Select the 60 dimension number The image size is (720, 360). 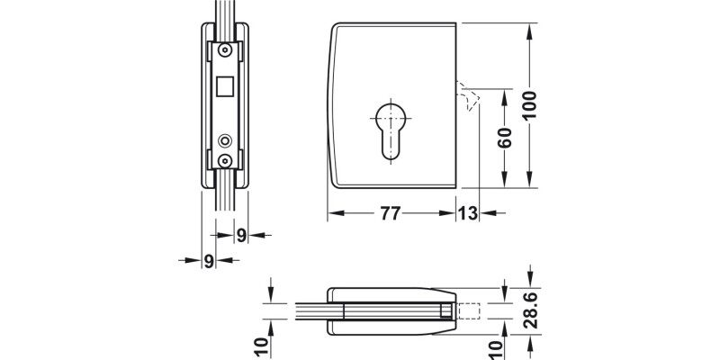(x=505, y=139)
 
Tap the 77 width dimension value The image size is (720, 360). (x=388, y=214)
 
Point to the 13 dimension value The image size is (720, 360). (x=468, y=214)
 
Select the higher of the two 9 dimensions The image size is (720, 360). (x=241, y=235)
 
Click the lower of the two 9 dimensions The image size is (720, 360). (x=209, y=261)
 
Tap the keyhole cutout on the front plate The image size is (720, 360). (x=388, y=130)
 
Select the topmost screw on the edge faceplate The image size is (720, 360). (x=225, y=51)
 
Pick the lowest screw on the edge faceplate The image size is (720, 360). (x=225, y=160)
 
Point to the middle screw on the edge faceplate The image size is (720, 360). (x=225, y=140)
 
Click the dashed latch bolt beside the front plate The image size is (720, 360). (x=465, y=96)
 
